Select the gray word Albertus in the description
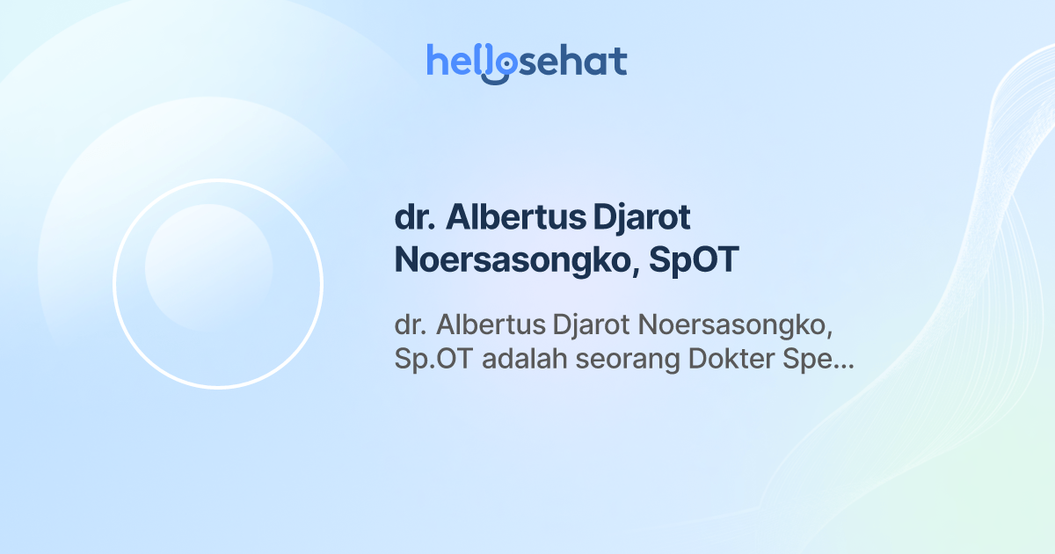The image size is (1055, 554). (x=488, y=325)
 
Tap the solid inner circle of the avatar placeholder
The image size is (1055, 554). (x=208, y=267)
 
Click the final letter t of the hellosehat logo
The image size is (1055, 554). (x=618, y=62)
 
